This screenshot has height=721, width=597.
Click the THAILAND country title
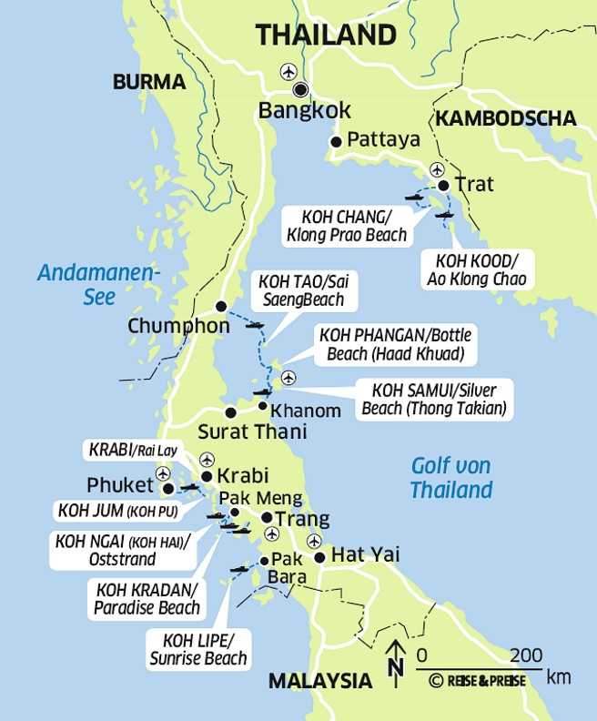[326, 36]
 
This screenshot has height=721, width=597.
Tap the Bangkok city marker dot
[299, 89]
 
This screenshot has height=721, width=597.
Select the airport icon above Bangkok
[289, 71]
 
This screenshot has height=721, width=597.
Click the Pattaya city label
[383, 140]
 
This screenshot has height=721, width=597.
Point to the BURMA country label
[149, 83]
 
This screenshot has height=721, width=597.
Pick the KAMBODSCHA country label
[505, 118]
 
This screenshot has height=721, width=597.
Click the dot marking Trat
[443, 186]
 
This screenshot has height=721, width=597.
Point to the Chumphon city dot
[220, 306]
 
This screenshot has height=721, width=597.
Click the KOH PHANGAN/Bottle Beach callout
[390, 345]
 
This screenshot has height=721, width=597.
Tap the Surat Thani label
[252, 432]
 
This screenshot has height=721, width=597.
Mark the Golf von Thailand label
[450, 478]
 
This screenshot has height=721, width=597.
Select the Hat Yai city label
[365, 554]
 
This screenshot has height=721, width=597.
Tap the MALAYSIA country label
[319, 680]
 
